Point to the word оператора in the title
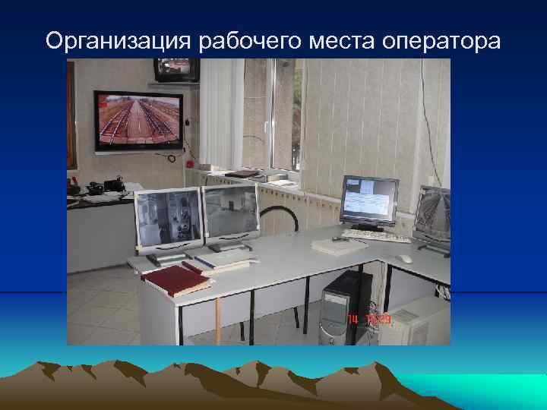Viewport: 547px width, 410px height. [x=444, y=41]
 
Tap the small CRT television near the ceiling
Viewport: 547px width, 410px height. [x=176, y=70]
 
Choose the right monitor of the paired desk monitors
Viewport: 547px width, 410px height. [x=231, y=213]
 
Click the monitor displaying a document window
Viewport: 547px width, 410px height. [x=369, y=201]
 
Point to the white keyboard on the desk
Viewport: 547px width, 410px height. [x=375, y=235]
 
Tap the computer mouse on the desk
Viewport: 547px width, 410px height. [x=406, y=259]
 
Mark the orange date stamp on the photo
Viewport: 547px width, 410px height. [x=370, y=320]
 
